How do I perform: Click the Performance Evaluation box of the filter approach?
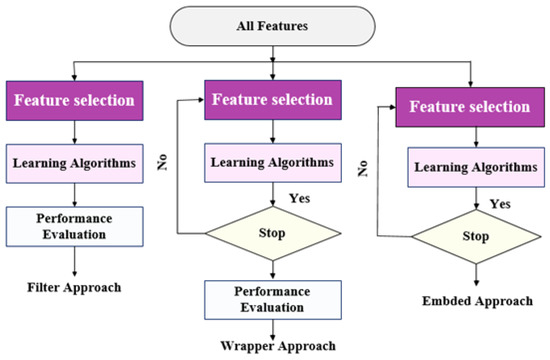[x=73, y=225]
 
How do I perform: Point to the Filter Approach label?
[x=73, y=288]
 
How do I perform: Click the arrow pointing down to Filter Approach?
[x=73, y=262]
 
